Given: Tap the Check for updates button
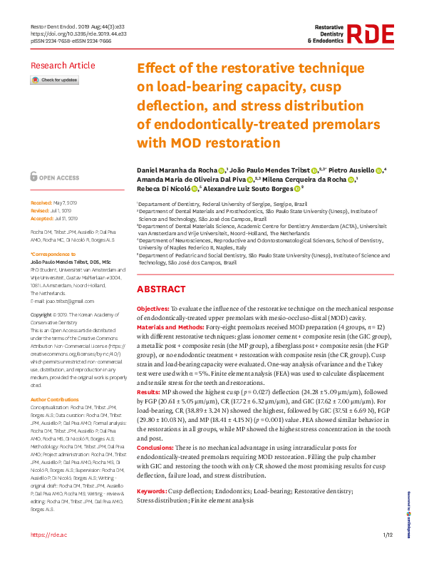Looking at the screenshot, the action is [x=54, y=81].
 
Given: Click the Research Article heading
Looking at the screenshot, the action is [x=62, y=66].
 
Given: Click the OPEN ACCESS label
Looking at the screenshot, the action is [x=58, y=177].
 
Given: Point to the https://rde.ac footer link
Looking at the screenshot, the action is [x=47, y=555].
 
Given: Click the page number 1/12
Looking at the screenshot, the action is [x=388, y=555].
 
